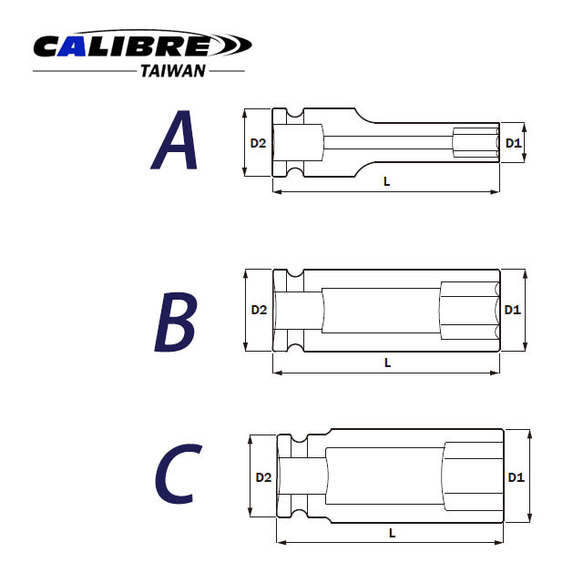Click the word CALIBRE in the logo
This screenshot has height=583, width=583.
point(123,45)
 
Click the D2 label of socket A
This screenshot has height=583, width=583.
point(259,143)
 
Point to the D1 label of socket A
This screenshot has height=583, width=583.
point(513,143)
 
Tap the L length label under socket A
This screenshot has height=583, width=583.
point(387,181)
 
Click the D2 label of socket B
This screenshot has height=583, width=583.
point(259,310)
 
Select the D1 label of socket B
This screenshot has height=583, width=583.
point(512,310)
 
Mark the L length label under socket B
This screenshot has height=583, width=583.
point(387,362)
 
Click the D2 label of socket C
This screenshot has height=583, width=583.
point(263,477)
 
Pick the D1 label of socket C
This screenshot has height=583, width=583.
point(516,477)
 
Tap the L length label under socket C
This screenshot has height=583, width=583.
point(391,531)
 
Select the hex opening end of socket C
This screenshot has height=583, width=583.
point(474,477)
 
